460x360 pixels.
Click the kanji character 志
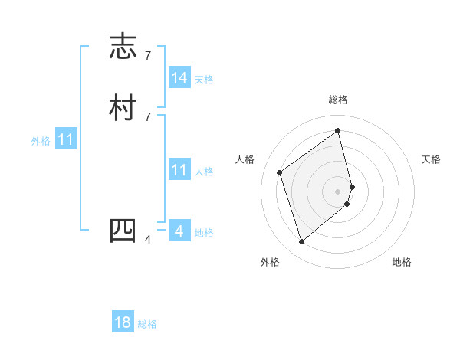[123, 47]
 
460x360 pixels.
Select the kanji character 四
[123, 231]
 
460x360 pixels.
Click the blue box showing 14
[179, 78]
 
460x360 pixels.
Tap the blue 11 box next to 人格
[179, 170]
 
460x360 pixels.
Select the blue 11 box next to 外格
[66, 140]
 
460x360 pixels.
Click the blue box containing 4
[179, 231]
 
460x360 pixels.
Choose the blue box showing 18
[123, 322]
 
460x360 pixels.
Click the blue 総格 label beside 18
[147, 324]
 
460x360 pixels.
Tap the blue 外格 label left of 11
[41, 141]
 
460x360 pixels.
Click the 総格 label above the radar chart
[338, 100]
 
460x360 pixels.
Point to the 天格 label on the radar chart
[431, 159]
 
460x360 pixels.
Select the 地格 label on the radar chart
[402, 262]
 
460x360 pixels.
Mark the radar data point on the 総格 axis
[338, 130]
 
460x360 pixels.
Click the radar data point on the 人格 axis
[280, 172]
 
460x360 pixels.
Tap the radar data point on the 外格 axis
[301, 242]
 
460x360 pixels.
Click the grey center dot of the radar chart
[338, 191]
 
